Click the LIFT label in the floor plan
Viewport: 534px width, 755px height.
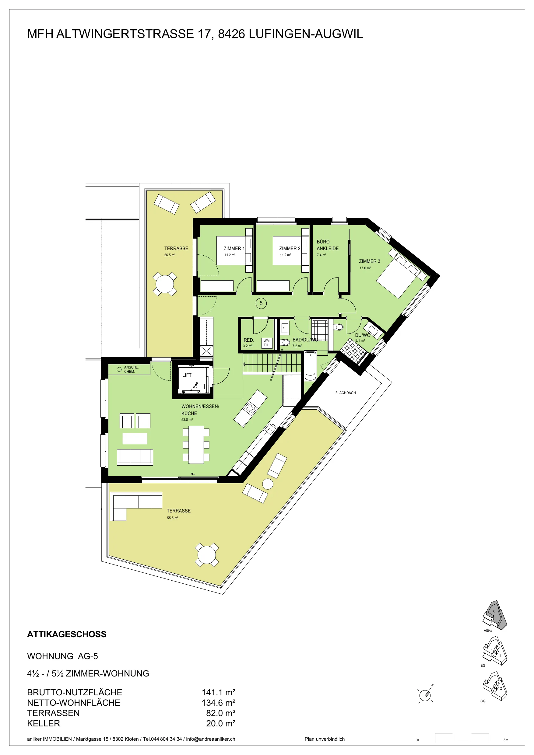(187, 375)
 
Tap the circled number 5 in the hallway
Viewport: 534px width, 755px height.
(261, 303)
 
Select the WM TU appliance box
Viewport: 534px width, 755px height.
(266, 343)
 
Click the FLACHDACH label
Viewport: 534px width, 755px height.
(346, 393)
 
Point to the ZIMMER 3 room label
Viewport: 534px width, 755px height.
(369, 261)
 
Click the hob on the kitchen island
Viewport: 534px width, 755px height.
(250, 409)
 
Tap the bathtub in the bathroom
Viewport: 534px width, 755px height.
(310, 365)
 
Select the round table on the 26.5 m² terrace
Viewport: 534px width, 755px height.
(164, 284)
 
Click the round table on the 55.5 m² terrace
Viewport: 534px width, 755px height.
(206, 555)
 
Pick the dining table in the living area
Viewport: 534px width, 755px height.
(196, 445)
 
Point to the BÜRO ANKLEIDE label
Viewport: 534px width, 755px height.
(327, 245)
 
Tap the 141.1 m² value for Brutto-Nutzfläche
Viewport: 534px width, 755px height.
(218, 692)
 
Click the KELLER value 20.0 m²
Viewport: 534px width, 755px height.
(220, 723)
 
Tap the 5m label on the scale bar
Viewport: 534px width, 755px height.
(506, 740)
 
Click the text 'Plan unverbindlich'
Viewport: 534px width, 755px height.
(325, 739)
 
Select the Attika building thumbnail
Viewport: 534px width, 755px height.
(494, 615)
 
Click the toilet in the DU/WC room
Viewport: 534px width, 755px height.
(339, 327)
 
